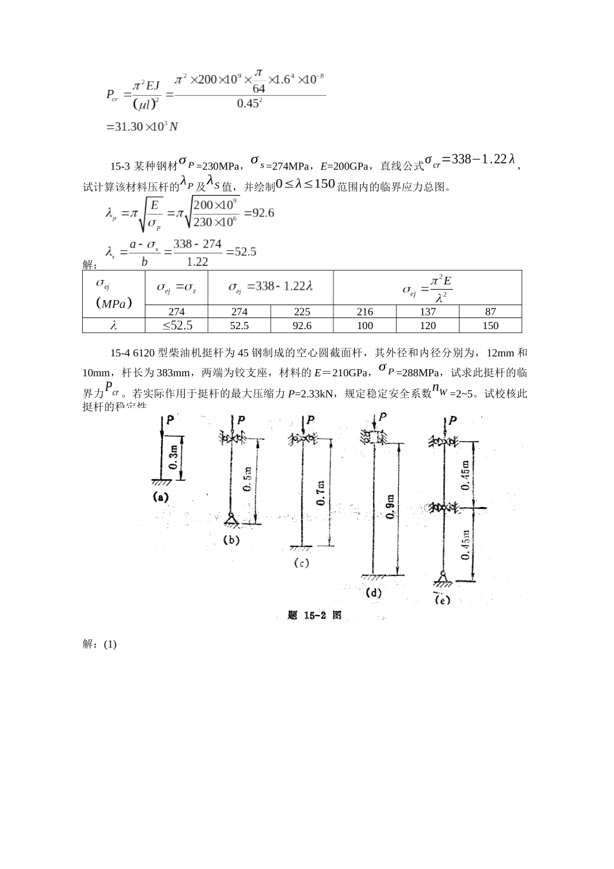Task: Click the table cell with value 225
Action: [x=302, y=312]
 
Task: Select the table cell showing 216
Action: [x=365, y=312]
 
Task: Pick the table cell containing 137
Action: [x=427, y=312]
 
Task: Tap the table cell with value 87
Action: [x=490, y=312]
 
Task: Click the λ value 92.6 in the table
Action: [x=302, y=326]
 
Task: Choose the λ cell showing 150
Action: [x=490, y=326]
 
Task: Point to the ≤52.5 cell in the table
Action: [x=177, y=326]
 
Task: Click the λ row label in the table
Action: [x=114, y=326]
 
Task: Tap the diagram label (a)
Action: [x=160, y=497]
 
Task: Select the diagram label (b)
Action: [x=231, y=540]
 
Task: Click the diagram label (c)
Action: [x=301, y=563]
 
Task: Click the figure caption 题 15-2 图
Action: [x=314, y=616]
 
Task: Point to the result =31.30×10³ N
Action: [x=142, y=127]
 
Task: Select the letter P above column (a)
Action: [x=169, y=420]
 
